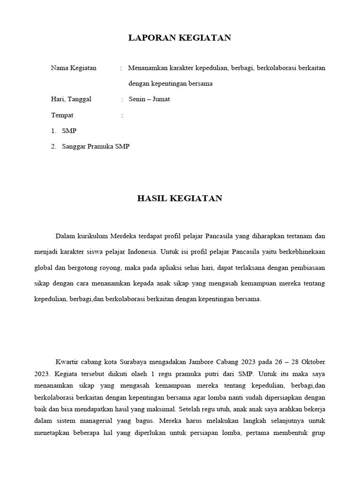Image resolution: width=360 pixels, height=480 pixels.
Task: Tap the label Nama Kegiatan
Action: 74,68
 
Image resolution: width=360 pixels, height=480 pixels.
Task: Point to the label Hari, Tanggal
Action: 71,99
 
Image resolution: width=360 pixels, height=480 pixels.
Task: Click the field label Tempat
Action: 62,115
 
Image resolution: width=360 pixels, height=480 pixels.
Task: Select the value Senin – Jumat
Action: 150,99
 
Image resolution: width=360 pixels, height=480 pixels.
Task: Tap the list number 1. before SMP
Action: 54,131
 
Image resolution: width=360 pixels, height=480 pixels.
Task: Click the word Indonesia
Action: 142,251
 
